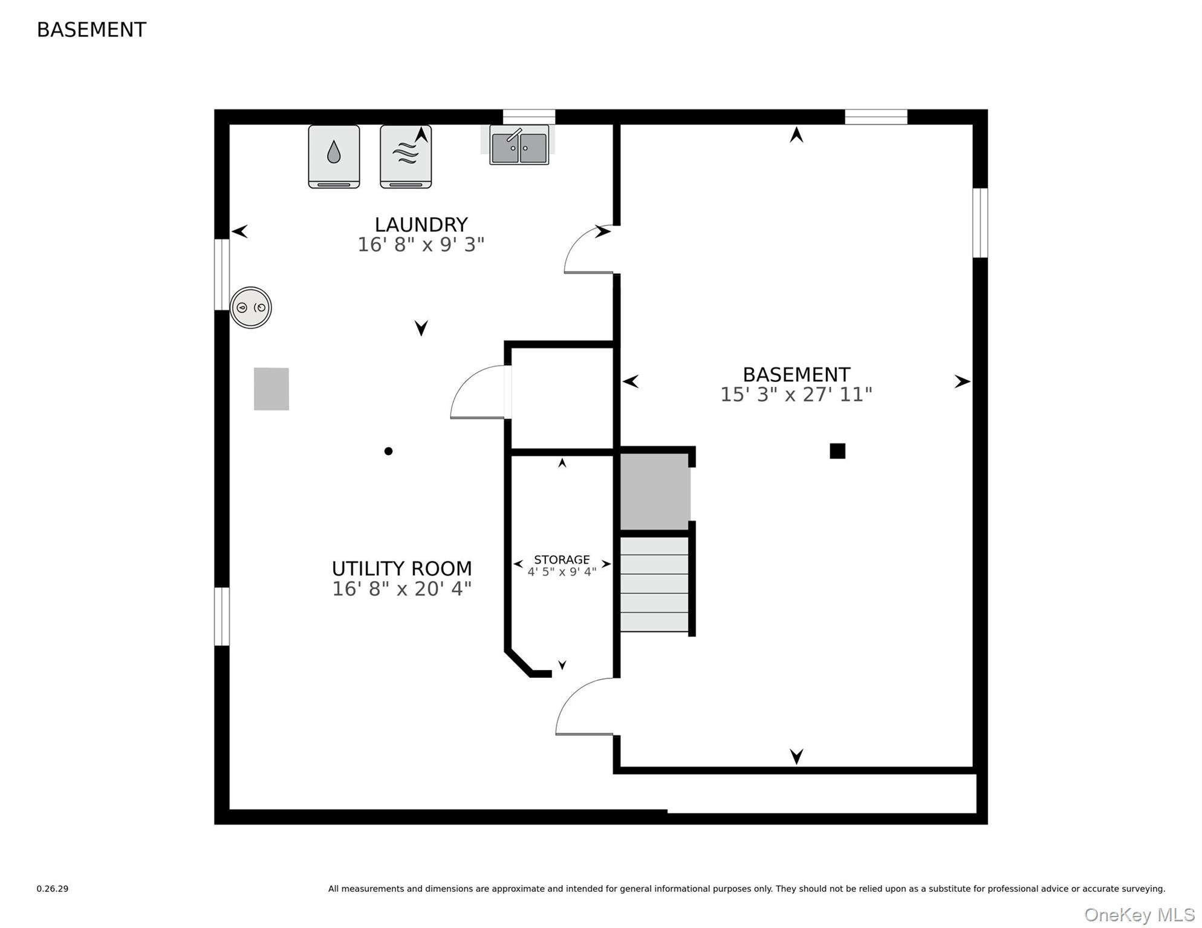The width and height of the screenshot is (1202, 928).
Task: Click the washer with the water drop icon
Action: [x=334, y=156]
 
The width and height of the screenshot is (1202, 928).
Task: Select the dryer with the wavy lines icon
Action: [x=406, y=156]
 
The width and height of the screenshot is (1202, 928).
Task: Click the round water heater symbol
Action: [x=251, y=308]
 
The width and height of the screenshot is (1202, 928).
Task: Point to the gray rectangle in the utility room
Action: [x=271, y=389]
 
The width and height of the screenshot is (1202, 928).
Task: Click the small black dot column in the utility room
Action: [x=388, y=451]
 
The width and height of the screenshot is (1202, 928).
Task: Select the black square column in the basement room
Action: [x=837, y=451]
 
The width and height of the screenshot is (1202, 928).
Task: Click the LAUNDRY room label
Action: [x=421, y=225]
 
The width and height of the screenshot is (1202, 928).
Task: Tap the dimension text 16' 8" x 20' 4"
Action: [x=401, y=588]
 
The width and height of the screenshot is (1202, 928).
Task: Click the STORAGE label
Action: [x=562, y=559]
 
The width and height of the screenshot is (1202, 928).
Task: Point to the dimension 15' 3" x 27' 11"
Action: [x=796, y=395]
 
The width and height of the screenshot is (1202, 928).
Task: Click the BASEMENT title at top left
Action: [x=91, y=30]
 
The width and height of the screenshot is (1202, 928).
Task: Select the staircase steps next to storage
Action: [x=654, y=584]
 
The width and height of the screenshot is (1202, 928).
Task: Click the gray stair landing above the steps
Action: [x=655, y=491]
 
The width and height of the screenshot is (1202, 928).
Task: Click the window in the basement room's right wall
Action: [x=979, y=223]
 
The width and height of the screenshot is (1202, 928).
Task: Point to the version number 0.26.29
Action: [x=53, y=889]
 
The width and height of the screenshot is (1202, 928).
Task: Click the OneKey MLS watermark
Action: [x=1139, y=915]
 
